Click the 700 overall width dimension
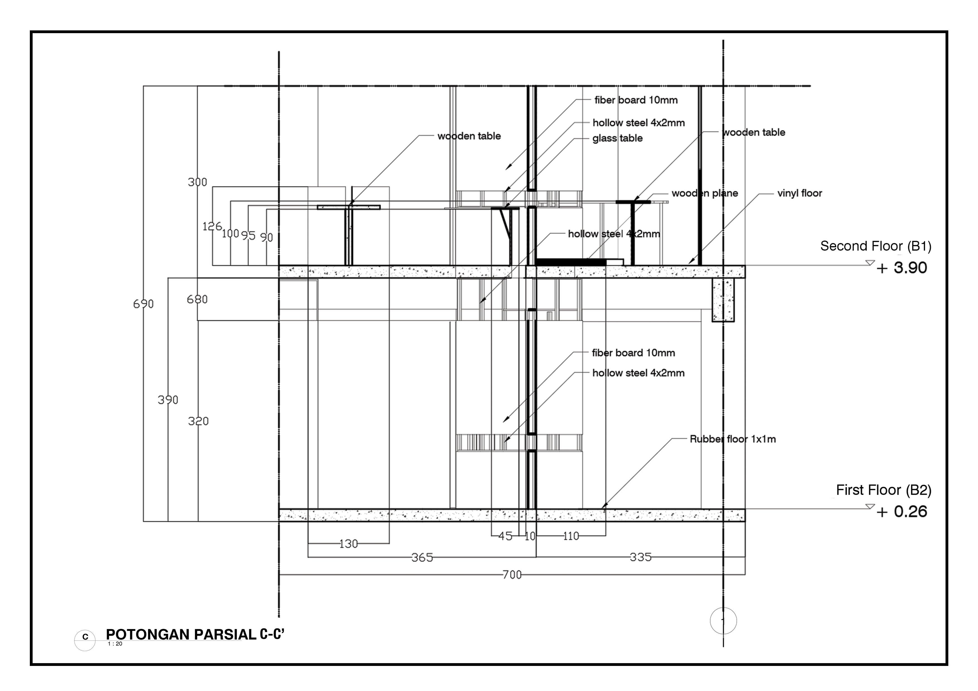[512, 575]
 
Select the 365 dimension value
[422, 557]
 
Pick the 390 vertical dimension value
[168, 400]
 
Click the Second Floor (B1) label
[875, 246]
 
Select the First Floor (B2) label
[883, 490]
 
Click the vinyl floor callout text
[800, 193]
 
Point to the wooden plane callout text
[705, 193]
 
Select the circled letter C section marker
[85, 637]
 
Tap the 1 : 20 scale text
[115, 644]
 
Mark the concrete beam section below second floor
[723, 300]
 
